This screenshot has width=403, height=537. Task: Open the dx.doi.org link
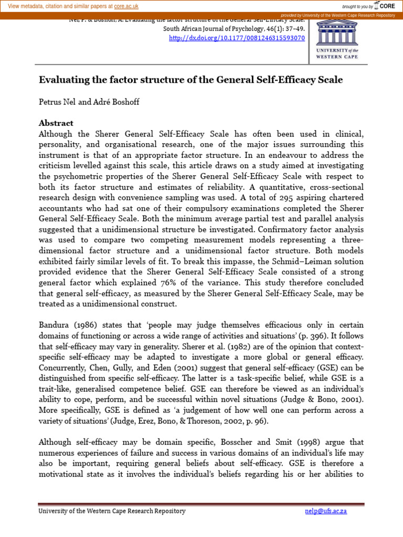pos(237,38)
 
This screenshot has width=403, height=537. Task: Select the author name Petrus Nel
pos(57,102)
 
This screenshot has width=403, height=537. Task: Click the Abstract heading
pos(56,123)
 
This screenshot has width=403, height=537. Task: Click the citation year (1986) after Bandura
pos(81,326)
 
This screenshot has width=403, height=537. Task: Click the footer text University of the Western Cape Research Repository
pos(112,511)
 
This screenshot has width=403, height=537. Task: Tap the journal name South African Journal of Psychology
pos(218,29)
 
